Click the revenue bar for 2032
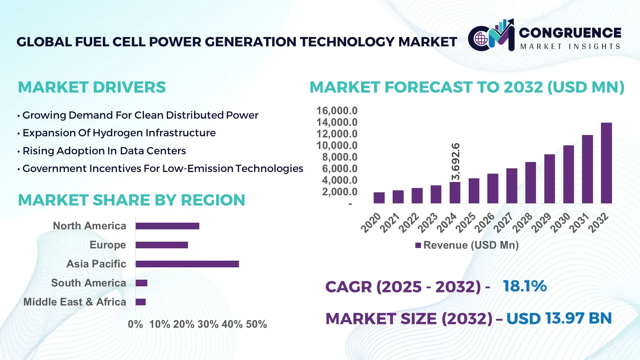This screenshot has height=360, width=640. [606, 163]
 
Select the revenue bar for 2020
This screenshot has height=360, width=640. [379, 198]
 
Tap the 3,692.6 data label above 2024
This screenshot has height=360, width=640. [455, 162]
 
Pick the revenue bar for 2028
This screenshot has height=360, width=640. [530, 183]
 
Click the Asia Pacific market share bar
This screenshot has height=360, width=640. [187, 264]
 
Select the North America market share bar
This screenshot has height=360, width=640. [167, 226]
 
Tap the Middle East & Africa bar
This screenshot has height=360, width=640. [141, 302]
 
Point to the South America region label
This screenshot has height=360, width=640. [89, 283]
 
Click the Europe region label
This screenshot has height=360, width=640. [108, 245]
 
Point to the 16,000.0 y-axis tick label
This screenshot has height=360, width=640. [337, 111]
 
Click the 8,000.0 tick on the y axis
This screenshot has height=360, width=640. [339, 157]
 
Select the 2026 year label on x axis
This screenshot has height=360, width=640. [484, 222]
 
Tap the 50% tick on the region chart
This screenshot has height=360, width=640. [256, 324]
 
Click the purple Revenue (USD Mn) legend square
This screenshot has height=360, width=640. [418, 245]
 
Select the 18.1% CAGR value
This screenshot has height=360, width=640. [525, 286]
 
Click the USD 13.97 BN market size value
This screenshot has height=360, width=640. [559, 318]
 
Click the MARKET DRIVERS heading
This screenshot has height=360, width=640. [92, 87]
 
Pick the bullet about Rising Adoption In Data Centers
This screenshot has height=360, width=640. [104, 151]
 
